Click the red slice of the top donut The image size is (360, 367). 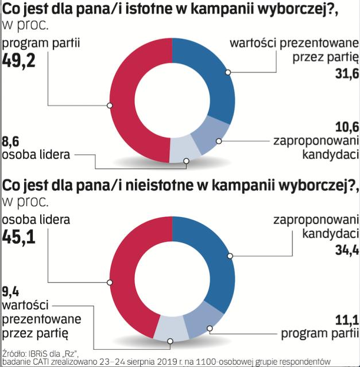(x=123, y=103)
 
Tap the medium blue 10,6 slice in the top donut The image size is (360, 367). (x=207, y=138)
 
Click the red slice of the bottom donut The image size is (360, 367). (x=123, y=281)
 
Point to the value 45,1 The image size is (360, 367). (x=19, y=236)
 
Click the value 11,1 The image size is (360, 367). (x=346, y=320)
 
